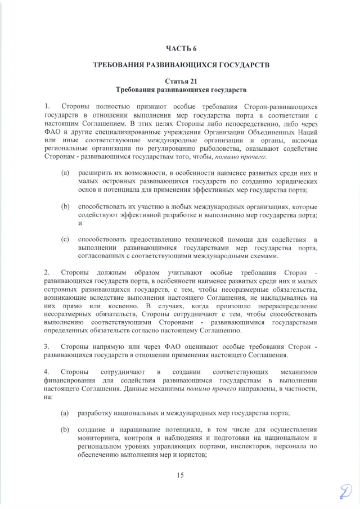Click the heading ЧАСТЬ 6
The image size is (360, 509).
[x=181, y=49]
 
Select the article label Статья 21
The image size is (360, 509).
[x=181, y=82]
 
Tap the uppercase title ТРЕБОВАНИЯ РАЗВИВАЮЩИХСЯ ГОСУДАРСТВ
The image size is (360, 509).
[x=181, y=65]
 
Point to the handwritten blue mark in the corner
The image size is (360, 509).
[x=343, y=492]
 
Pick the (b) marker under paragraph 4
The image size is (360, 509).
[x=65, y=430]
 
